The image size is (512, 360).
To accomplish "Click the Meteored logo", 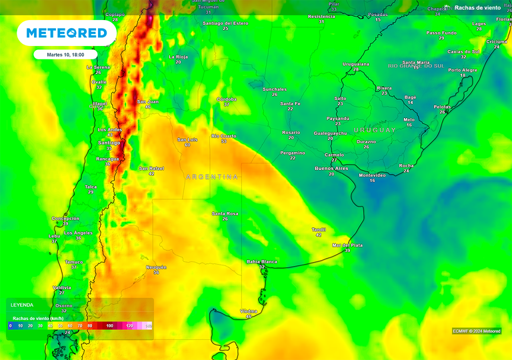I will [66, 33].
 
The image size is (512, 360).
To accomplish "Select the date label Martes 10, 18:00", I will [66, 55].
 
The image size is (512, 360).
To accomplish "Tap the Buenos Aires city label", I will [331, 169].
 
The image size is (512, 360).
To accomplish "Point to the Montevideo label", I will [372, 175].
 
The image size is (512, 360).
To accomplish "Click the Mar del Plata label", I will [347, 245].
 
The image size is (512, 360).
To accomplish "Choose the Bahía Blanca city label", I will [262, 261].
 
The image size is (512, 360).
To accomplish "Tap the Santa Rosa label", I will [225, 213].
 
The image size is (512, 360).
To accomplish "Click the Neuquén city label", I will [156, 267].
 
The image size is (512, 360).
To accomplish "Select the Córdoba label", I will [227, 99].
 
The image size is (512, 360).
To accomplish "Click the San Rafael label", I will [151, 168].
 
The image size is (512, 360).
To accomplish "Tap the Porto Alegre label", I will [463, 69].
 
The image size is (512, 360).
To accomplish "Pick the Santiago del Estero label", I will [225, 23].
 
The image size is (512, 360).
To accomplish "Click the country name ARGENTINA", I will [211, 177].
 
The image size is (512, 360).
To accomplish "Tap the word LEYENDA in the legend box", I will [21, 305].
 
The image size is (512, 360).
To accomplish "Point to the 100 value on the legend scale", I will [109, 325].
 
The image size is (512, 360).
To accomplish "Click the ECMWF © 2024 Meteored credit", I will [477, 331].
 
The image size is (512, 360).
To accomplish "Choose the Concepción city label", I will [65, 218].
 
